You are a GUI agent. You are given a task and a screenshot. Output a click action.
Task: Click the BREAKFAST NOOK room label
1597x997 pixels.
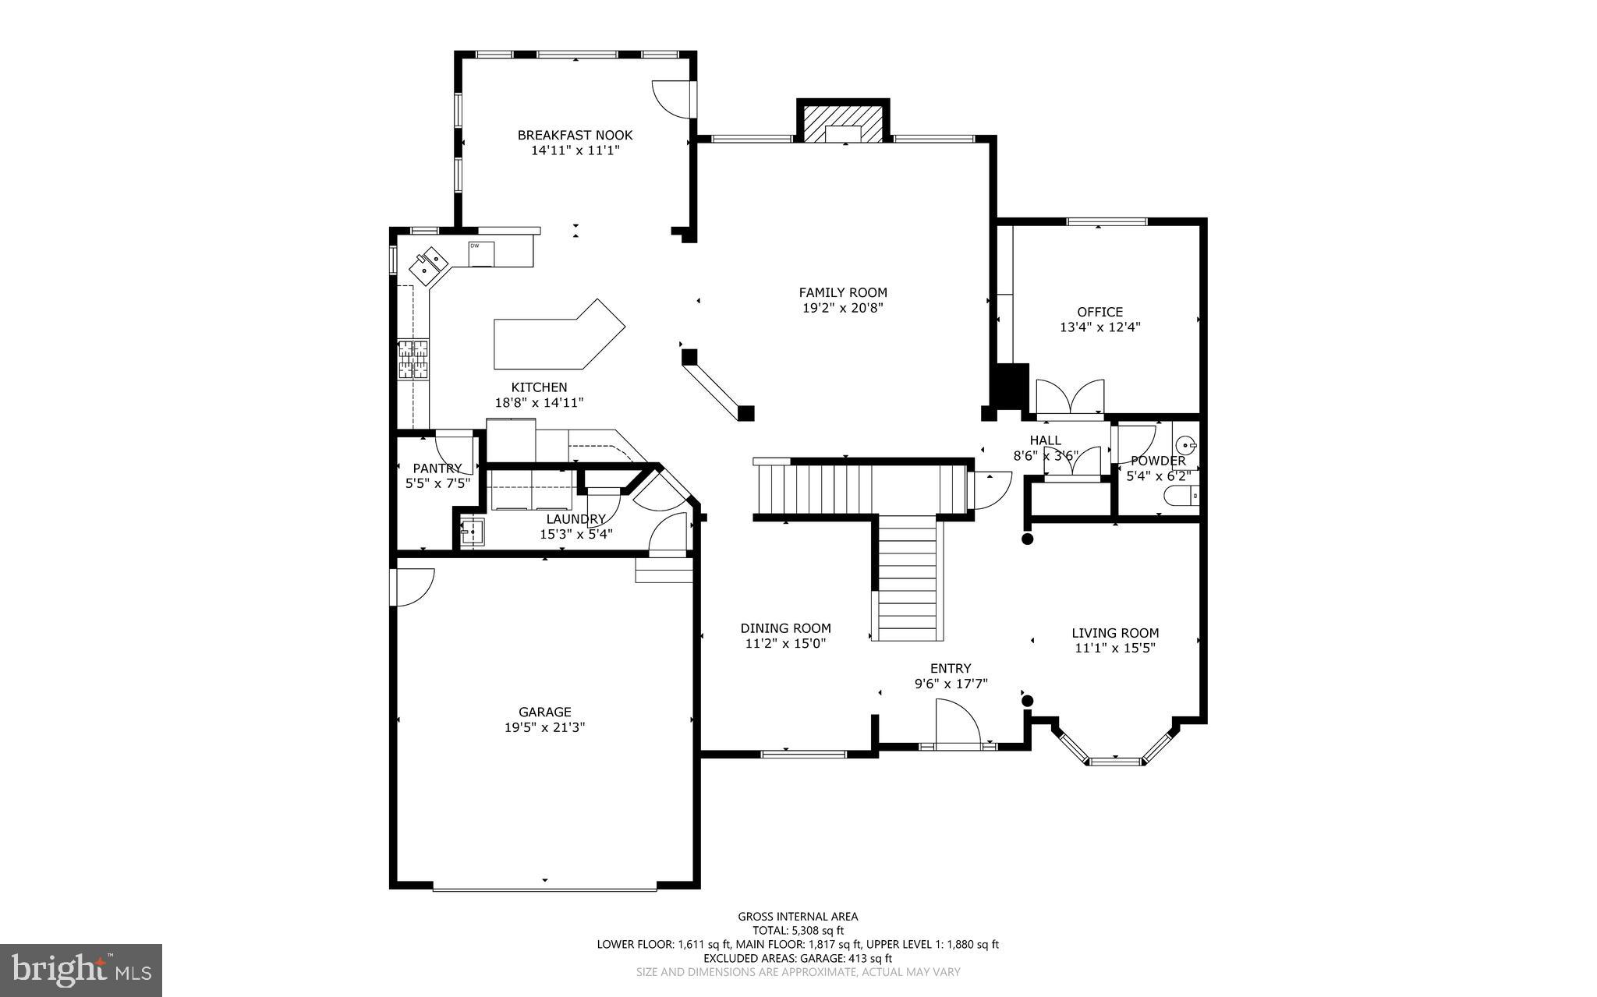click(x=575, y=135)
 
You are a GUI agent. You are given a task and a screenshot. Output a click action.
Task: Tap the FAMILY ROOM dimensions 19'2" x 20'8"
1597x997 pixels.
click(x=842, y=308)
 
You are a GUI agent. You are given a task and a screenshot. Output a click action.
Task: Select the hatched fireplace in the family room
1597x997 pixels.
click(x=843, y=123)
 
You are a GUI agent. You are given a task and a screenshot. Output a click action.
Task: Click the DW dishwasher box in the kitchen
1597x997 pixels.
click(x=480, y=254)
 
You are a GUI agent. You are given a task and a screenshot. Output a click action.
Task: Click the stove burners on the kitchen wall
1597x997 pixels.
click(x=413, y=359)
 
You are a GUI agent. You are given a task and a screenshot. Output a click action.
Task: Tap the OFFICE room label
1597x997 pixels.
click(x=1099, y=312)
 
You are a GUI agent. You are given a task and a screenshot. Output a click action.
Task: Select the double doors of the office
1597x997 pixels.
click(x=1070, y=396)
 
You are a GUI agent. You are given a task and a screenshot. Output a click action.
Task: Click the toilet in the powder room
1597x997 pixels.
click(x=1180, y=495)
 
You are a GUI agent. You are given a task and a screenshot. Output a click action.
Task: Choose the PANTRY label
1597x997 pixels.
click(x=437, y=468)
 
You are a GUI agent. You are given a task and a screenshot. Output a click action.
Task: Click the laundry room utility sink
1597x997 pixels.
click(x=472, y=532)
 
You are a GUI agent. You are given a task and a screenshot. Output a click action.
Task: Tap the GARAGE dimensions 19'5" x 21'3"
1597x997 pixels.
click(x=544, y=727)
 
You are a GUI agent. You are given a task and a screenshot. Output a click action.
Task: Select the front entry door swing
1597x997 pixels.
click(x=957, y=723)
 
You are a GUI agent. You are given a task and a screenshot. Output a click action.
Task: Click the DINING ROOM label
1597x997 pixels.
click(x=785, y=628)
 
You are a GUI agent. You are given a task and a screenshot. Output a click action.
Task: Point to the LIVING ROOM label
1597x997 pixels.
click(x=1114, y=633)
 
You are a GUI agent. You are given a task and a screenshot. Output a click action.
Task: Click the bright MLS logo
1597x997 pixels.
click(x=81, y=970)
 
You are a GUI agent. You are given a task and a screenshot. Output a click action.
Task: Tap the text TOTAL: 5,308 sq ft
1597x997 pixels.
click(x=798, y=930)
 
